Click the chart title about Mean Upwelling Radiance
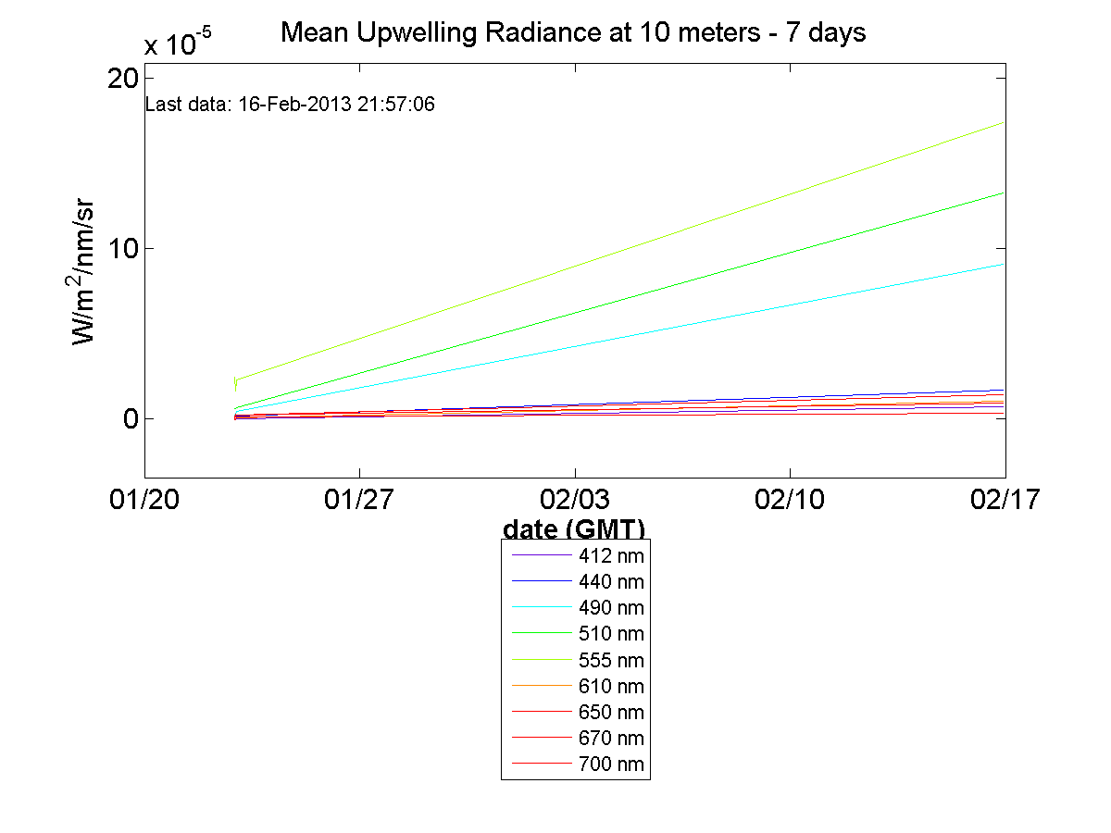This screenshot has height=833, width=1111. [573, 33]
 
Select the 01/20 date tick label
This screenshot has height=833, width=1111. [144, 500]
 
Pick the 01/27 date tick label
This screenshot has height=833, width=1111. [359, 500]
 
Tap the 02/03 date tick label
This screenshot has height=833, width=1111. [575, 500]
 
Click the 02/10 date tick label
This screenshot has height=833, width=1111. [790, 500]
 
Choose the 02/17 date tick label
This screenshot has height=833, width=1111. [1005, 500]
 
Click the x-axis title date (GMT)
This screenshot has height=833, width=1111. [574, 528]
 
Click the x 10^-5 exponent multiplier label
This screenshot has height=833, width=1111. [178, 44]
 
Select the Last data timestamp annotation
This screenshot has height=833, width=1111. [291, 105]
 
